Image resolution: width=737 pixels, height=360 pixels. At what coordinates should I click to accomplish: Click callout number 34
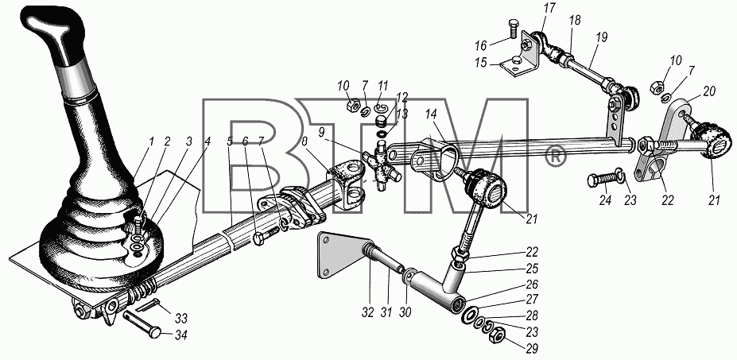click(180, 336)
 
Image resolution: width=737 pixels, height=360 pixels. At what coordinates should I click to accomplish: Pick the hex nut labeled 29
click(499, 337)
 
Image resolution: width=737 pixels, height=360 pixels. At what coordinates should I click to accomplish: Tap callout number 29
click(532, 349)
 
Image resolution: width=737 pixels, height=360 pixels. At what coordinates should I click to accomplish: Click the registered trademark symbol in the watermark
click(556, 157)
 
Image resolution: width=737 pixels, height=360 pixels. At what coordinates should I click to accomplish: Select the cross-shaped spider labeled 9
click(382, 167)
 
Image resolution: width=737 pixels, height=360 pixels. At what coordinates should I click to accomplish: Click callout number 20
click(709, 91)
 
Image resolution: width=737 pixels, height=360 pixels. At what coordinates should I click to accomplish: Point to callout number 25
click(532, 269)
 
